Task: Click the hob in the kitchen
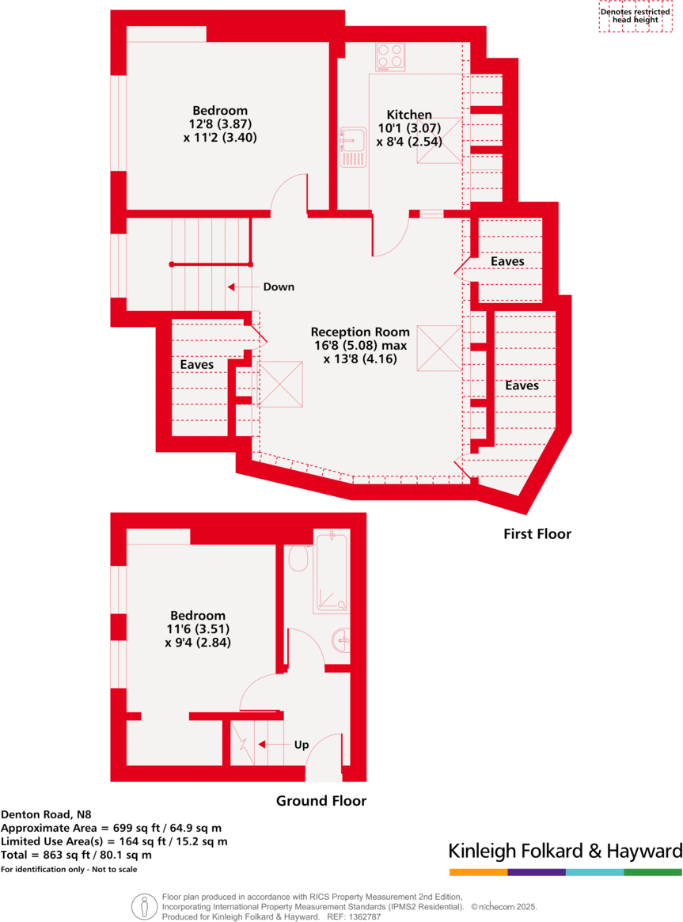(390, 56)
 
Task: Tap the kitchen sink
(352, 147)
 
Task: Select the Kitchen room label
(409, 115)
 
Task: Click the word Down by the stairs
(279, 286)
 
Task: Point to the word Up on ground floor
(302, 745)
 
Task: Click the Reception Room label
(360, 332)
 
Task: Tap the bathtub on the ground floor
(330, 573)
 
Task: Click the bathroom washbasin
(341, 639)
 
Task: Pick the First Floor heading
(537, 534)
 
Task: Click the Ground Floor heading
(321, 801)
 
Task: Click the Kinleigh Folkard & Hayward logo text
(565, 852)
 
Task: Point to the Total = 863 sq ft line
(76, 855)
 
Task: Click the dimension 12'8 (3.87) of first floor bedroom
(220, 123)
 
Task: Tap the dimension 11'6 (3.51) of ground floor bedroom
(198, 629)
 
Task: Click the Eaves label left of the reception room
(197, 365)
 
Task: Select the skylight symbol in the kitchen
(439, 141)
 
